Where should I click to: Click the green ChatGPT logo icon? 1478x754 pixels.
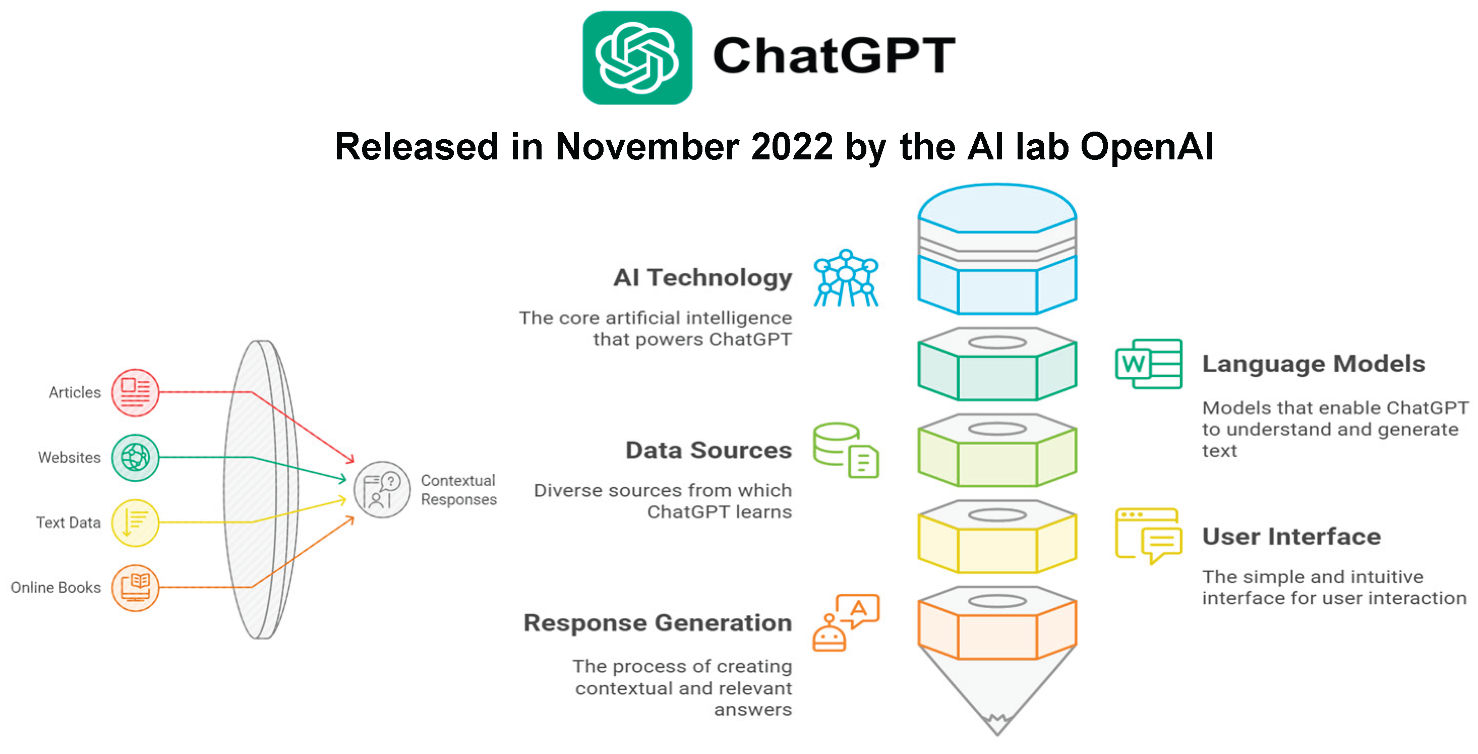tap(637, 57)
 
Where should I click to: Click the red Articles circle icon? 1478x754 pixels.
tap(135, 392)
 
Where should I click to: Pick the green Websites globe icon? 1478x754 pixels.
tap(135, 457)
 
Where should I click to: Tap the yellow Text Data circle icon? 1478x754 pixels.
tap(135, 522)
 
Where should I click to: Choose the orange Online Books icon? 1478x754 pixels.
tap(135, 588)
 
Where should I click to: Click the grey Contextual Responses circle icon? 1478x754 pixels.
tap(382, 489)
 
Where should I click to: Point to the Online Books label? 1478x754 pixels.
tap(55, 588)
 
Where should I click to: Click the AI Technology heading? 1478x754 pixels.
tap(702, 278)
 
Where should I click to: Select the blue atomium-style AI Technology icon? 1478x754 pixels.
tap(846, 278)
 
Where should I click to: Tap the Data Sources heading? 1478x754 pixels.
tap(708, 450)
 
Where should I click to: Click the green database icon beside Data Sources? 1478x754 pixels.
tap(845, 450)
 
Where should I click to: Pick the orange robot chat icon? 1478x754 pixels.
tap(845, 622)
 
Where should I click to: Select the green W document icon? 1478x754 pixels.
tap(1148, 364)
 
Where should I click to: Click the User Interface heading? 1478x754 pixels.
tap(1291, 537)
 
